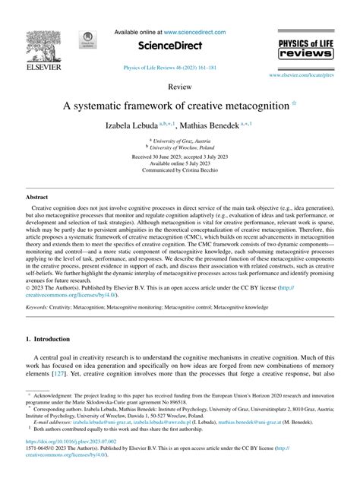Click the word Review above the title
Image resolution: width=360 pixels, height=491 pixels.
pos(179,88)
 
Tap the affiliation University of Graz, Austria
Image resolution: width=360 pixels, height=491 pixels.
pos(181,140)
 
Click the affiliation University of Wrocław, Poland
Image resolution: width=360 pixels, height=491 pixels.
pos(181,147)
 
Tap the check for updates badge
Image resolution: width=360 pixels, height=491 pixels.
pos(87,43)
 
